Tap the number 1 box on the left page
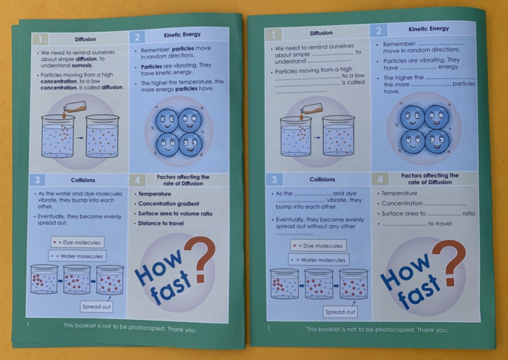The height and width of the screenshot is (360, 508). pyautogui.click(x=40, y=40)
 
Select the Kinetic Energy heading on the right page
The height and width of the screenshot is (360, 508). pyautogui.click(x=429, y=29)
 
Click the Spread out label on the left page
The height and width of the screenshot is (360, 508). pyautogui.click(x=96, y=306)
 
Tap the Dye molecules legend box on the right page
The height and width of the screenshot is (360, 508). pyautogui.click(x=318, y=246)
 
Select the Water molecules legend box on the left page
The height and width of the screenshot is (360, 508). pyautogui.click(x=77, y=256)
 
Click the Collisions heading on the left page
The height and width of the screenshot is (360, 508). pyautogui.click(x=83, y=180)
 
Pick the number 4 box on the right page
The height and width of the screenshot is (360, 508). pyautogui.click(x=380, y=179)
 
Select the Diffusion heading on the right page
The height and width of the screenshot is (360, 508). pyautogui.click(x=321, y=33)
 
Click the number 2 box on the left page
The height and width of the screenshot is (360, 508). pyautogui.click(x=137, y=38)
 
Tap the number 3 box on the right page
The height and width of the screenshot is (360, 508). pyautogui.click(x=274, y=180)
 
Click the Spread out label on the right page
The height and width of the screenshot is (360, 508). pyautogui.click(x=340, y=312)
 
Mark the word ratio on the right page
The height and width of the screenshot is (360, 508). pyautogui.click(x=469, y=214)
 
